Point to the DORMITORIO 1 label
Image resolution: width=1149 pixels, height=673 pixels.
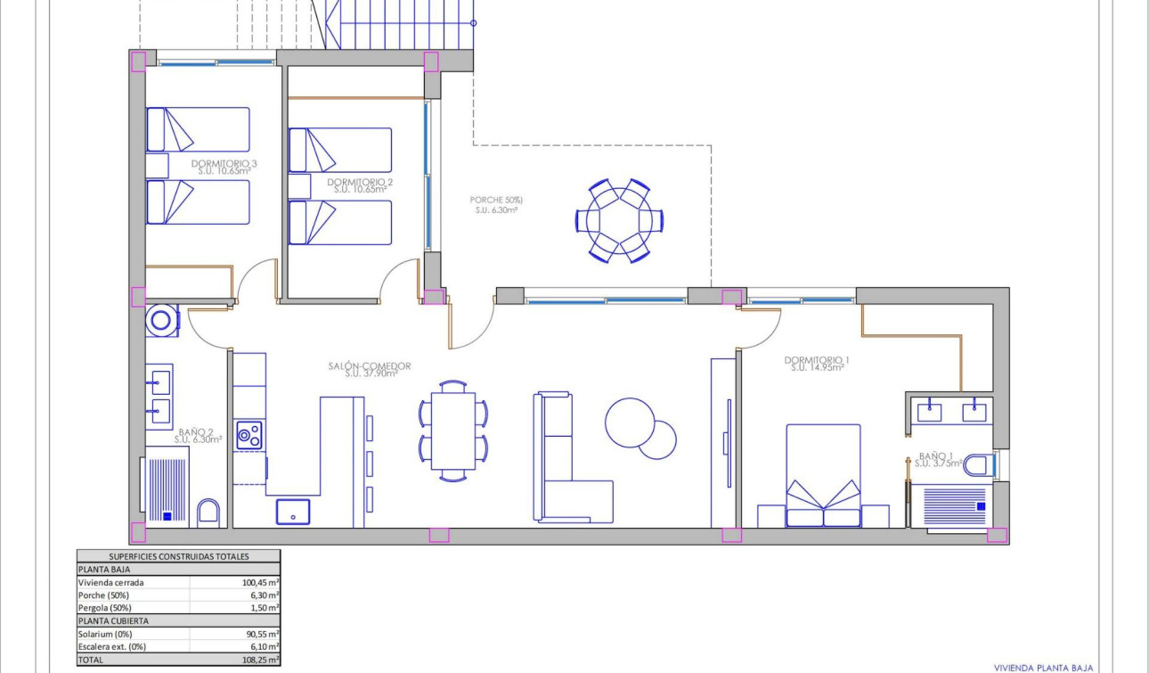[817, 361]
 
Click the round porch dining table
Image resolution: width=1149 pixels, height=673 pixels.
[619, 220]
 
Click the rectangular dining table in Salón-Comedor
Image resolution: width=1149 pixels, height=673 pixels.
[452, 431]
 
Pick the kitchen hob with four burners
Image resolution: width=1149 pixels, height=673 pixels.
[249, 435]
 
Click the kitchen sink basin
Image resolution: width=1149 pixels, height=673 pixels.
[293, 511]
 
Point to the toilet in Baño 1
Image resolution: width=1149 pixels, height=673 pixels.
[977, 464]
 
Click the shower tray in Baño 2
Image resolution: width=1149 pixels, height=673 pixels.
[165, 488]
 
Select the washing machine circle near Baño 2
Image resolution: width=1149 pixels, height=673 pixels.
[163, 320]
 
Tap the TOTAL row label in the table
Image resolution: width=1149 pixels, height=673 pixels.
[92, 661]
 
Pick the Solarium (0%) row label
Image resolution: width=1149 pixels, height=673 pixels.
[106, 634]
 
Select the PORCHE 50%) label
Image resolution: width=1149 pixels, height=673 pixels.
[496, 201]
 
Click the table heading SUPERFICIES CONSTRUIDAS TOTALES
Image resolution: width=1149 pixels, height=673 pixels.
[178, 556]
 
